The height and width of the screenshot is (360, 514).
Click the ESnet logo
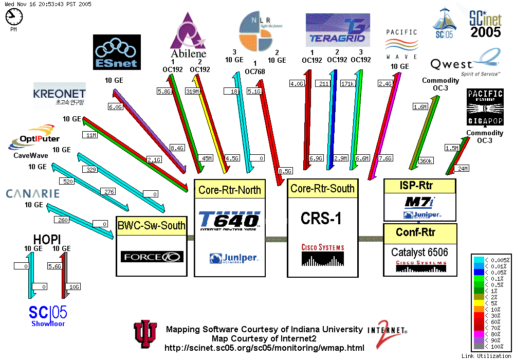tap(117, 52)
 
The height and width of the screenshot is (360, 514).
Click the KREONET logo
tap(59, 95)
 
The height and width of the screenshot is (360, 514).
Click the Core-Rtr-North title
tap(230, 190)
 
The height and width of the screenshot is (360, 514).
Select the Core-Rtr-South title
tap(322, 188)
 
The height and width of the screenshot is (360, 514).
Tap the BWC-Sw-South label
tap(151, 225)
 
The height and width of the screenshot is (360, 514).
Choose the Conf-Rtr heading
tap(415, 232)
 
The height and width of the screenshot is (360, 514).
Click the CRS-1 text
tap(321, 219)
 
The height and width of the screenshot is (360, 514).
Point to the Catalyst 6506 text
tap(419, 252)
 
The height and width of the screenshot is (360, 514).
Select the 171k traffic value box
tap(348, 83)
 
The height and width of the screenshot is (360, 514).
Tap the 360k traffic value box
tap(426, 161)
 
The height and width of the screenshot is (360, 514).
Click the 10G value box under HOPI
tap(74, 286)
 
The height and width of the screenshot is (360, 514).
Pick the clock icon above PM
tap(14, 17)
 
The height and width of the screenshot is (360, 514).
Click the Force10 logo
tap(152, 256)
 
